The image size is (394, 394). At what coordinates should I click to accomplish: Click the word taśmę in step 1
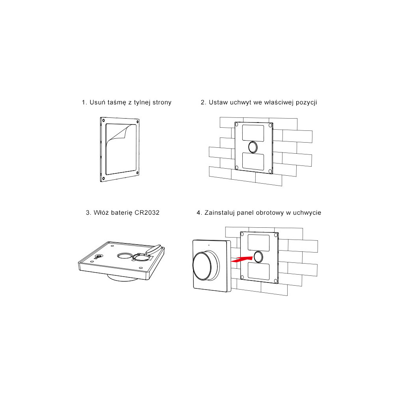tap(117, 102)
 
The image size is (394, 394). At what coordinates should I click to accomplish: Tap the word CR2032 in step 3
tap(147, 213)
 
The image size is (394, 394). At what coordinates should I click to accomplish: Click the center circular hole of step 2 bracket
tap(253, 147)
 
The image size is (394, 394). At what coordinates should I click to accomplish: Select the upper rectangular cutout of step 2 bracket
tap(253, 133)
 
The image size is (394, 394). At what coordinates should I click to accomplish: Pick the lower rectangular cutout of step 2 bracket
tap(253, 162)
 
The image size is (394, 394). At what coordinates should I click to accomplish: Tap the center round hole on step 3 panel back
tap(125, 256)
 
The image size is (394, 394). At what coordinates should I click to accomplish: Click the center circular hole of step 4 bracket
tap(258, 257)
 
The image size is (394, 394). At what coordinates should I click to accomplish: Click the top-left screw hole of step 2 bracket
tap(236, 125)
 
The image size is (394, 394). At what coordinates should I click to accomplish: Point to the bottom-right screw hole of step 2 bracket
tap(270, 171)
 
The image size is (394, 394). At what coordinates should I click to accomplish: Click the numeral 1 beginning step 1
tap(84, 102)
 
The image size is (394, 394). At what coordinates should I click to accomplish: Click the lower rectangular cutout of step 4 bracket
tap(259, 271)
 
